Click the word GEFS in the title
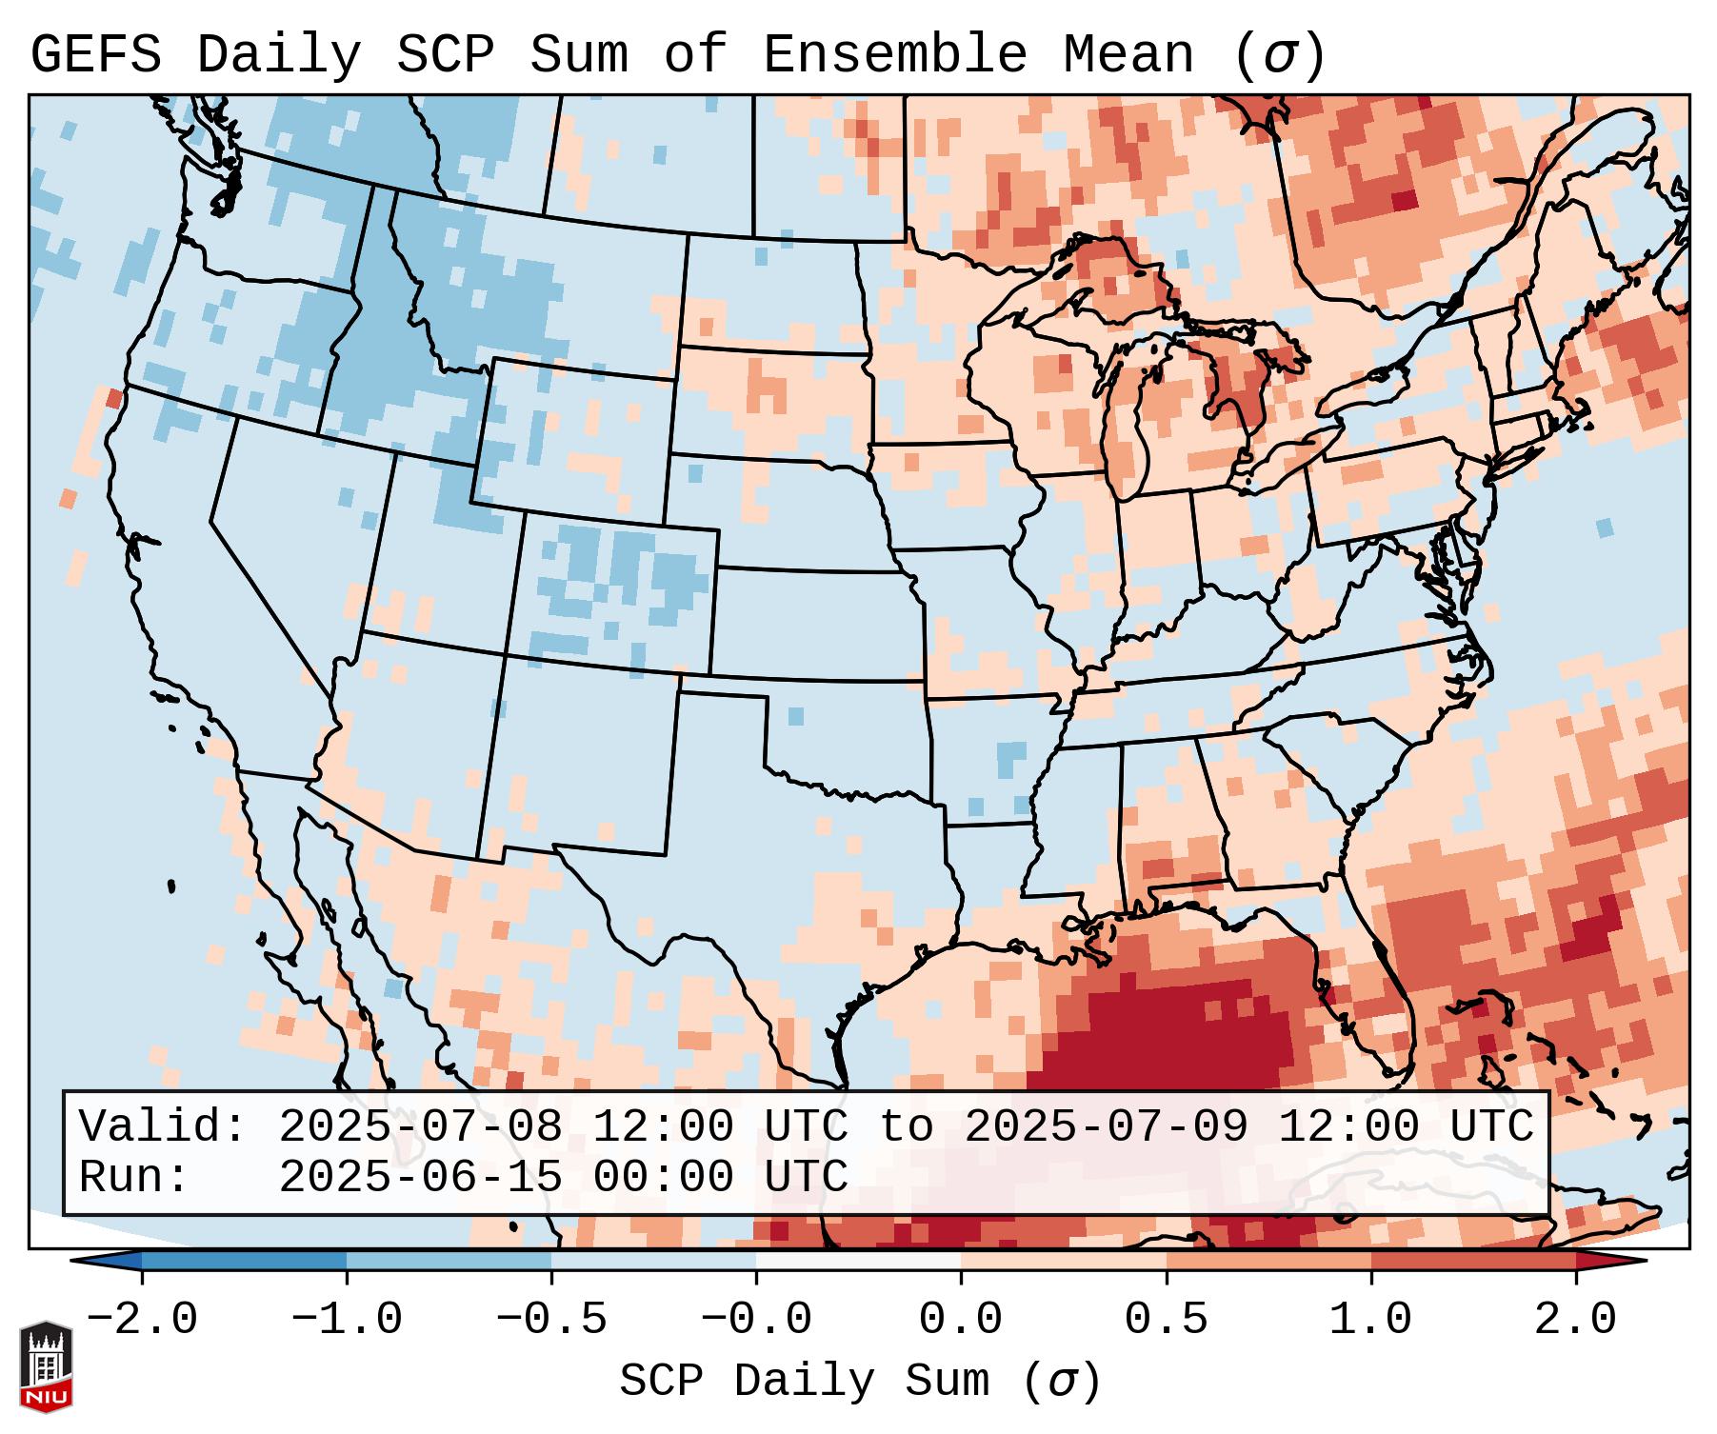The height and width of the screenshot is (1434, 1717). click(96, 55)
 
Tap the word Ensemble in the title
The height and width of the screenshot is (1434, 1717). click(895, 55)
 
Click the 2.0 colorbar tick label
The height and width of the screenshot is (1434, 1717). click(1575, 1320)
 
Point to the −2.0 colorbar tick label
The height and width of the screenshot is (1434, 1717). click(142, 1320)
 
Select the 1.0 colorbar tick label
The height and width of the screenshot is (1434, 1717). click(1370, 1320)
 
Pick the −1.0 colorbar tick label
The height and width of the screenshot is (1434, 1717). click(347, 1320)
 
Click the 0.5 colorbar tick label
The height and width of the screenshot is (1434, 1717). click(1166, 1320)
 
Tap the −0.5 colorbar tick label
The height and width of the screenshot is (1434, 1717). click(551, 1320)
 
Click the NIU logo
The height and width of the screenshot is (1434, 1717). click(46, 1367)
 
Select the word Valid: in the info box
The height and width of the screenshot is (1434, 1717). click(163, 1127)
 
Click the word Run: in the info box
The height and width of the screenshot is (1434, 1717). click(134, 1178)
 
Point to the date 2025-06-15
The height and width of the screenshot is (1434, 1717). click(420, 1178)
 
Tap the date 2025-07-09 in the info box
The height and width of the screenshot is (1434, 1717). click(1106, 1127)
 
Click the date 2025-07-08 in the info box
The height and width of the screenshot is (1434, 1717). click(420, 1127)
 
